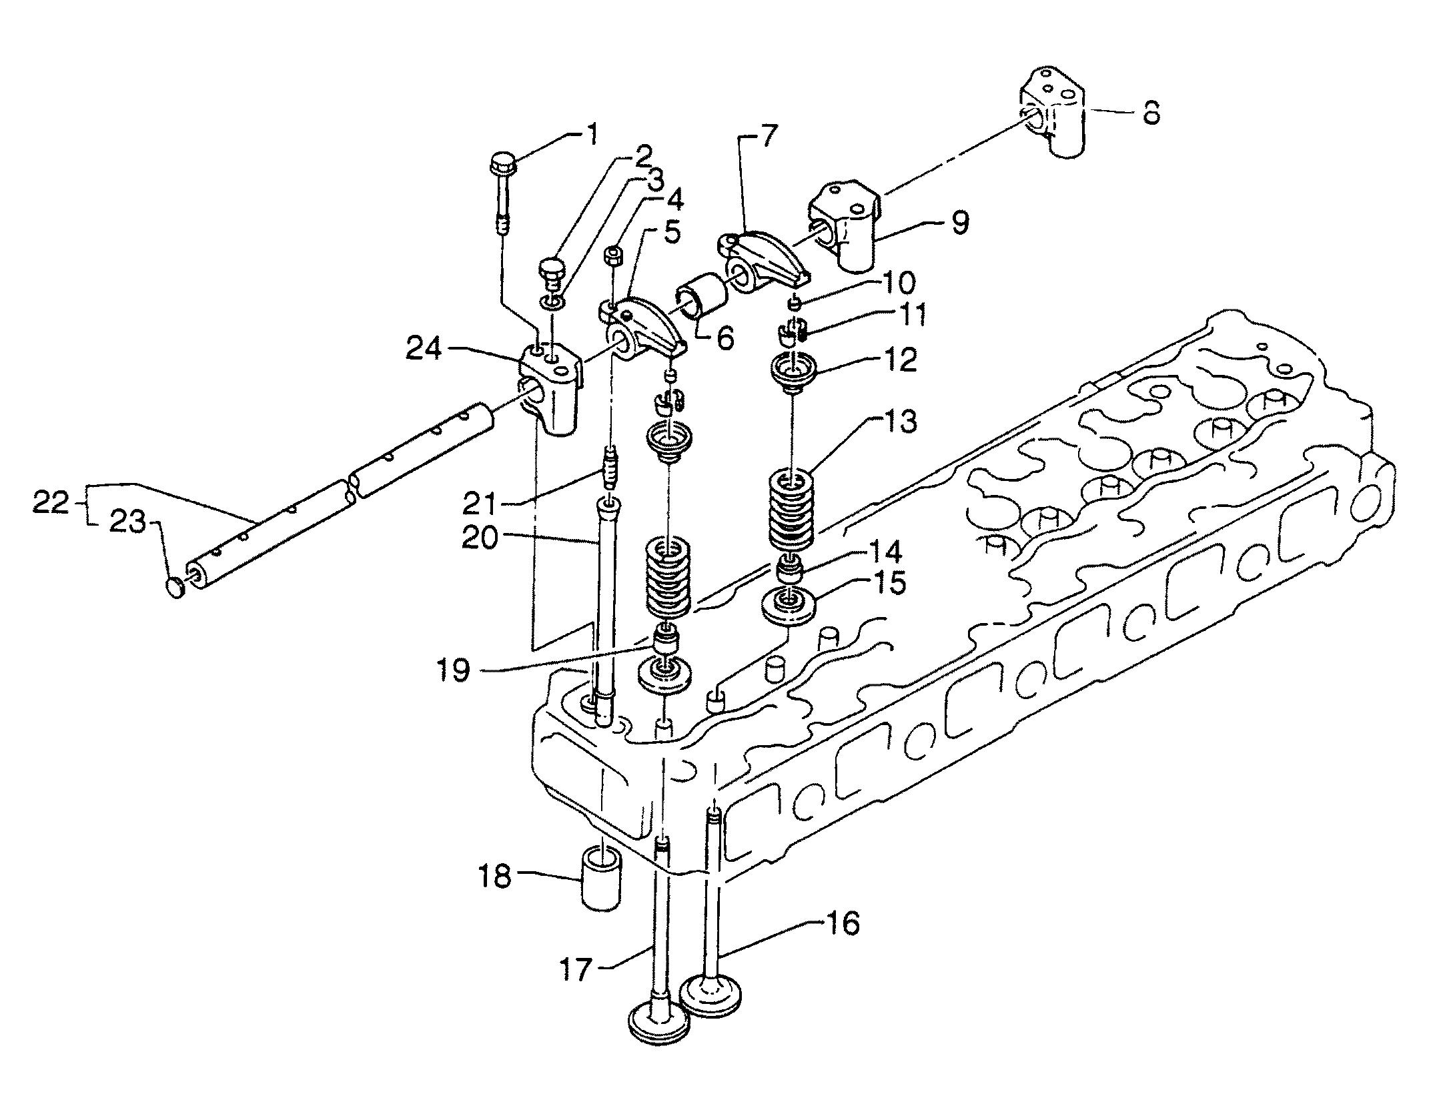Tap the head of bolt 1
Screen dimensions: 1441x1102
click(502, 164)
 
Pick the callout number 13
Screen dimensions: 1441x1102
click(901, 422)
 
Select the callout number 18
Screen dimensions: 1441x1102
click(493, 875)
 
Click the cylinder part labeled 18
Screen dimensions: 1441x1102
click(602, 878)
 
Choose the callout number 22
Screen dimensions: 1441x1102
click(51, 504)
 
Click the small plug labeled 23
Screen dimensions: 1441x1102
click(175, 587)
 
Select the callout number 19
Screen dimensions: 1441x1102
click(453, 670)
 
